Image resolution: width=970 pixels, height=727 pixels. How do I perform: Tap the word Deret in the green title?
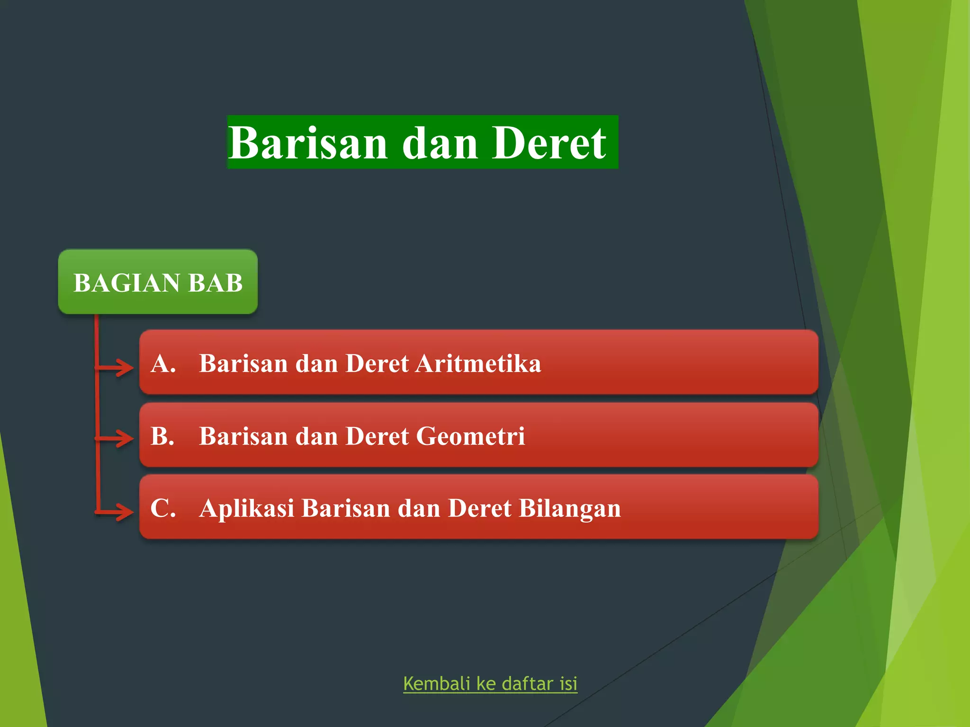point(548,143)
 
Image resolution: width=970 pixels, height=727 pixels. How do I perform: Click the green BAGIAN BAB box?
point(158,282)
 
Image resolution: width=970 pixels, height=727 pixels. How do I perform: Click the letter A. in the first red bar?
point(163,363)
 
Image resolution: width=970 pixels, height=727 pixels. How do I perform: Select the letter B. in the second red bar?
point(162,436)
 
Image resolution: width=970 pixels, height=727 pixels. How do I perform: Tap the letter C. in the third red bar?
point(163,508)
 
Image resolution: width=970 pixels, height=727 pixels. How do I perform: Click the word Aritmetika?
point(478,363)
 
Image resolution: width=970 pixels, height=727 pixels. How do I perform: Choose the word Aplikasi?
point(246,509)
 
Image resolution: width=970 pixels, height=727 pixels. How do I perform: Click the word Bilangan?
point(570,509)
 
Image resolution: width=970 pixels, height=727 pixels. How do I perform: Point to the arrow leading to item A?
point(116,367)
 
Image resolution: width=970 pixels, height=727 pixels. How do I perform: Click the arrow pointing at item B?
point(116,438)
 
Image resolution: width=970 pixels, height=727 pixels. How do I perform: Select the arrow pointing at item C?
point(116,512)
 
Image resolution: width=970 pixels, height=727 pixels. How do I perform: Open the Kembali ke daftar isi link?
point(490,684)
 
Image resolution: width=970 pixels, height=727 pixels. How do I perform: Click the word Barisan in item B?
point(243,436)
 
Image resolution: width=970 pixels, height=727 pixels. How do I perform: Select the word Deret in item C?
point(479,508)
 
